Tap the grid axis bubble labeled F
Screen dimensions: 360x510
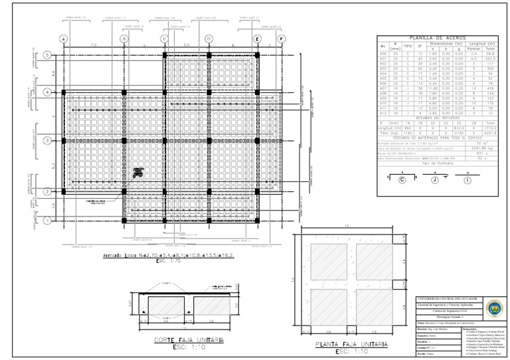click(281, 39)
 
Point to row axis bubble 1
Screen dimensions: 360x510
click(46, 219)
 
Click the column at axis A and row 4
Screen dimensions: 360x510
click(64, 91)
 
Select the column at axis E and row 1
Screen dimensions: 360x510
click(256, 219)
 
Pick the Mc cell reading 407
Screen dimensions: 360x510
click(383, 88)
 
